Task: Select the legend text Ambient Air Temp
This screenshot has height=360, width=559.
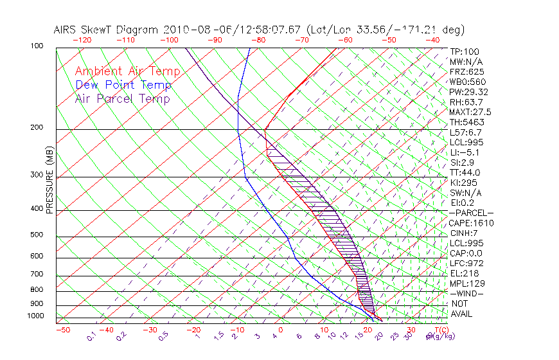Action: (127, 71)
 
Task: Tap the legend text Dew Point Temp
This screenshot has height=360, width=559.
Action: (123, 85)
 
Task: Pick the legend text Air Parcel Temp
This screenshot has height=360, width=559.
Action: (122, 98)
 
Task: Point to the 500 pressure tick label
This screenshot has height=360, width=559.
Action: (36, 235)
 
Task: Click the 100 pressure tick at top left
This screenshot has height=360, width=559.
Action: (36, 46)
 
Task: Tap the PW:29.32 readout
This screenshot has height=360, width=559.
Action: (468, 92)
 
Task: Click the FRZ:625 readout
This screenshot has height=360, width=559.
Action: (467, 72)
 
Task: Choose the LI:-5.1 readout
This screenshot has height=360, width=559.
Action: (465, 152)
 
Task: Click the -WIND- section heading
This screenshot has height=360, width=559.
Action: (466, 293)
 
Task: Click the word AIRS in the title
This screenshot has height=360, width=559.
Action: (67, 30)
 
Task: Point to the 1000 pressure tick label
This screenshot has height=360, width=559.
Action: (36, 316)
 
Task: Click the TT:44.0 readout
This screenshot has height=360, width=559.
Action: (466, 172)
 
